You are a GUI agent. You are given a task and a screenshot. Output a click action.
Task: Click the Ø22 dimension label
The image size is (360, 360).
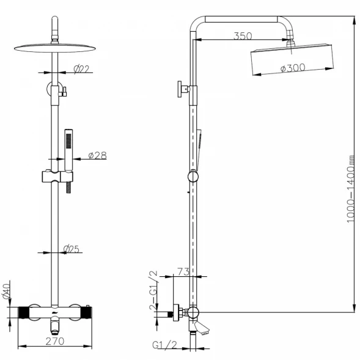tap(81, 69)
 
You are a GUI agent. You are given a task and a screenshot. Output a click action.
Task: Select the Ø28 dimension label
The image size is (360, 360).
tap(98, 155)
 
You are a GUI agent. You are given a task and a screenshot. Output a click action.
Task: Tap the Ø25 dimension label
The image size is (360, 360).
tap(71, 249)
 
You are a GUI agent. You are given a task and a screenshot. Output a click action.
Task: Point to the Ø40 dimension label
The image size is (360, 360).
tap(7, 291)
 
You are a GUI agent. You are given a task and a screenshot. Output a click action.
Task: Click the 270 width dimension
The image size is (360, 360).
tap(55, 341)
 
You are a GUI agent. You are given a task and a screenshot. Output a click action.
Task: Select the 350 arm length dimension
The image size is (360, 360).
tap(243, 36)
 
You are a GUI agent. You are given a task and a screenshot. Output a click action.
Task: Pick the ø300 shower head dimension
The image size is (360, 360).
tap(293, 68)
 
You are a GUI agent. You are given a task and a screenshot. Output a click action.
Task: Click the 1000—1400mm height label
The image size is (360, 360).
tap(351, 189)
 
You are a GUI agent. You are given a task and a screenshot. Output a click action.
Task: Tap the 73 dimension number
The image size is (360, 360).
tap(183, 271)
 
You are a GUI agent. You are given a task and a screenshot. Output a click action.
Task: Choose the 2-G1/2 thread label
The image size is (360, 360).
tap(154, 290)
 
